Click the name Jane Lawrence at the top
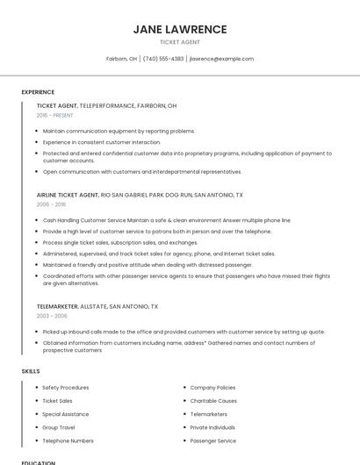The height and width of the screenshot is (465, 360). [180, 29]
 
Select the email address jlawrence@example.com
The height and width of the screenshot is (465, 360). [221, 59]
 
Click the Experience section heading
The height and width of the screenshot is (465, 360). [38, 92]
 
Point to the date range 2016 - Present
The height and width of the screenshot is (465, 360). [55, 115]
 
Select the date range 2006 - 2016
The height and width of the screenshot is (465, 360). [51, 204]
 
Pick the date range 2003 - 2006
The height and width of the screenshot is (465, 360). [51, 316]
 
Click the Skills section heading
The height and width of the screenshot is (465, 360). [31, 372]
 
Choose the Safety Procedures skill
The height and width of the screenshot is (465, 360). [66, 387]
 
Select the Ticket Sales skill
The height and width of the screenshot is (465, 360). [57, 400]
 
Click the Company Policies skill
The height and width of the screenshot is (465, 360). [212, 387]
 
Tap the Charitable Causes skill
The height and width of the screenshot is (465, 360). [213, 400]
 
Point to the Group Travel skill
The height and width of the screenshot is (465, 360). [59, 427]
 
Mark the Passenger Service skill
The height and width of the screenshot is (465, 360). [213, 440]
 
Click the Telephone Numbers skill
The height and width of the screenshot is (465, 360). [68, 440]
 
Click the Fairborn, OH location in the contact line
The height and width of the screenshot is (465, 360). [121, 59]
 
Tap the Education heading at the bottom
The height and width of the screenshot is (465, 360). [38, 462]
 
